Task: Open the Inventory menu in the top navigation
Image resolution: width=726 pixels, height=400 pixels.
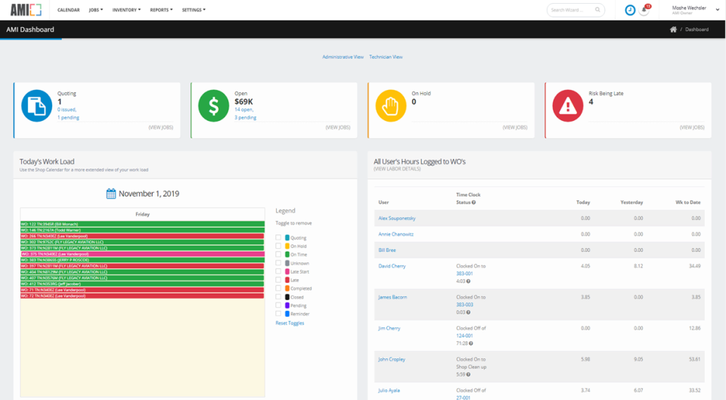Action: click(126, 10)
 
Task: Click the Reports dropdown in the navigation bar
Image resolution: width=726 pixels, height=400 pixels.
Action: click(161, 10)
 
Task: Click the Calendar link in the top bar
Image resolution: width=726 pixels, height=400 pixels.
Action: click(70, 10)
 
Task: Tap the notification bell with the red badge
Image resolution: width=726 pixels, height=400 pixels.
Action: click(645, 10)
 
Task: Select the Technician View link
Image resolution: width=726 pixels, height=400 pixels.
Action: click(386, 57)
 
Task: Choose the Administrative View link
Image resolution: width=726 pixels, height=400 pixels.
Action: click(343, 57)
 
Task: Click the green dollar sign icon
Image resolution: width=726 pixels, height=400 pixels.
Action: click(213, 107)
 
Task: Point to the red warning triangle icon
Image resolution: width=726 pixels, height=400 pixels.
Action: click(567, 107)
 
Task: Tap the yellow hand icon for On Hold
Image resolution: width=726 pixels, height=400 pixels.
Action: click(391, 107)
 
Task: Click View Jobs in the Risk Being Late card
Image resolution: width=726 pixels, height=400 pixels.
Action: click(692, 127)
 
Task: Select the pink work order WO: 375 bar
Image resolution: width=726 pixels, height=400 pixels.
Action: click(142, 254)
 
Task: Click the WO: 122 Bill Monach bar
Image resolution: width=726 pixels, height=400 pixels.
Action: click(142, 224)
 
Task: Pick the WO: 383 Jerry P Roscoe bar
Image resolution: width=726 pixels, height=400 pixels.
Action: click(142, 260)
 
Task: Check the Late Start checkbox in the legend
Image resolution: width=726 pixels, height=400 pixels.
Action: click(278, 271)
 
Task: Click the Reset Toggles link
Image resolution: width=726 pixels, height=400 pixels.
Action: click(290, 323)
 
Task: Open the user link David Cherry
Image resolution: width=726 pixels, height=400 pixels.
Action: click(392, 266)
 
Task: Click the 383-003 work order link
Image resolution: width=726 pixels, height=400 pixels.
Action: click(465, 304)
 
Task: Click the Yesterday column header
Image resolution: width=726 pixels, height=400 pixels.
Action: click(631, 203)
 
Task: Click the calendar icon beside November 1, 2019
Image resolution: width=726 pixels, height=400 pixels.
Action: click(111, 194)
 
